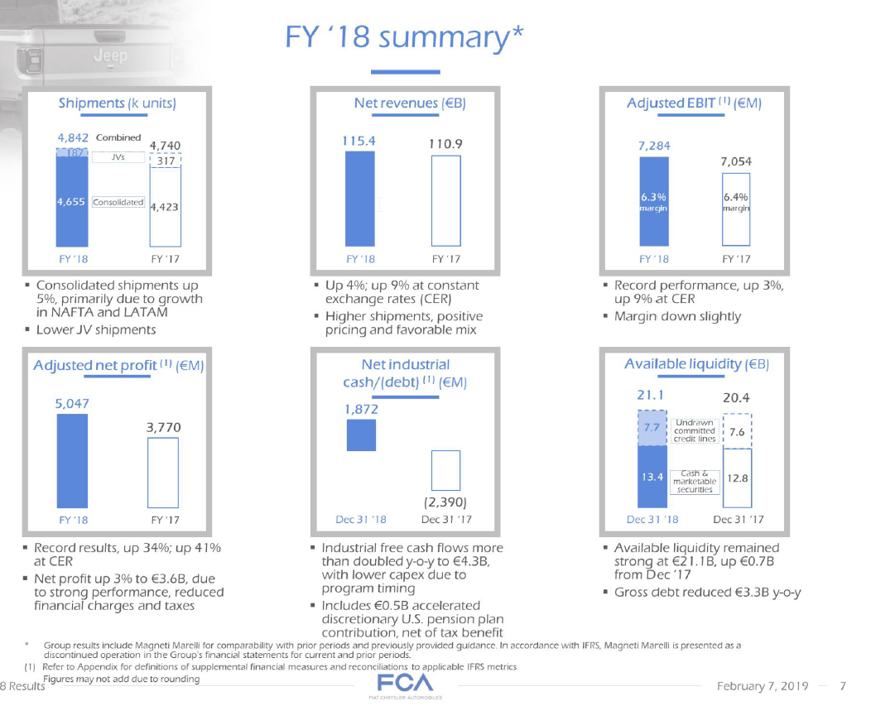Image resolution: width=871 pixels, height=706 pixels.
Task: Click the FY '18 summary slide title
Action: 406,36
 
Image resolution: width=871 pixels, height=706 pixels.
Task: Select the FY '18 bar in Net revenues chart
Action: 360,200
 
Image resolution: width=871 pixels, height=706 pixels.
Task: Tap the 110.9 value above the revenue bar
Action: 445,143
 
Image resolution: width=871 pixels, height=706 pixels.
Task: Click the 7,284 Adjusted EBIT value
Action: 654,146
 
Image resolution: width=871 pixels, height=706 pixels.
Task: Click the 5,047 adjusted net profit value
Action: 72,403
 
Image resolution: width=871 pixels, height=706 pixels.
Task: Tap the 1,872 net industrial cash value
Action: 360,408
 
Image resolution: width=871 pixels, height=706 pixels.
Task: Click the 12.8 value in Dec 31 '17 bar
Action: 736,478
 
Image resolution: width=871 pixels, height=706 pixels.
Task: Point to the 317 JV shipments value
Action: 165,161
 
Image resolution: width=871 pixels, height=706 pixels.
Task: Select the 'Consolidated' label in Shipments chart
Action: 118,202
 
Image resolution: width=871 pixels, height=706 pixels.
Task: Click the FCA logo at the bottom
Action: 405,685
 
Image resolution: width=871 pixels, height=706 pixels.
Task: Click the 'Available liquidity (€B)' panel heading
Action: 696,364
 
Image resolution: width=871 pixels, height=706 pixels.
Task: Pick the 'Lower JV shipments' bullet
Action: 96,329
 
